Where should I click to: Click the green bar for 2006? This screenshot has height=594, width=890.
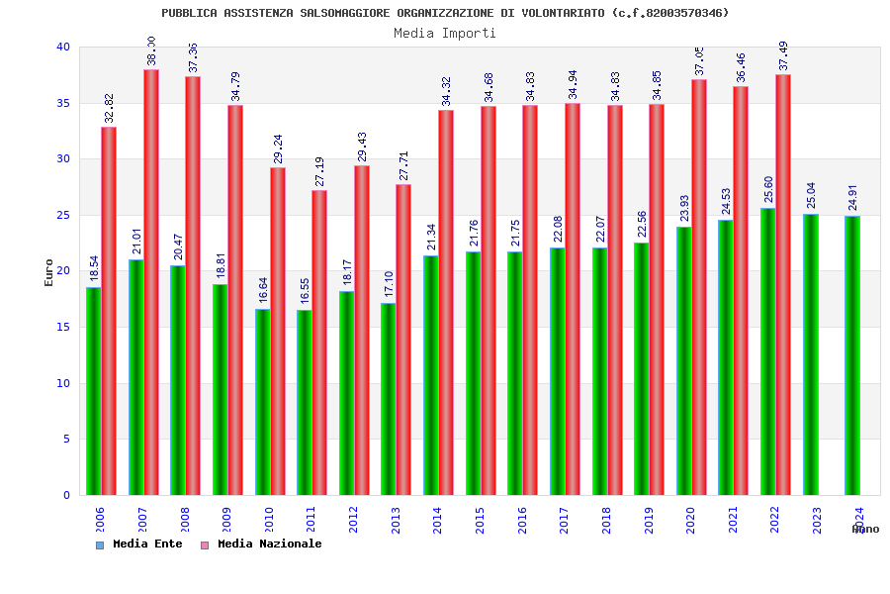tap(93, 391)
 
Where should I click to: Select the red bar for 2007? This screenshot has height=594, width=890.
tap(151, 282)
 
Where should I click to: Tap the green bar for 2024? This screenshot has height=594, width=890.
tap(852, 355)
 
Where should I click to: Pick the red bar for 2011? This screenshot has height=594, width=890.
tap(319, 343)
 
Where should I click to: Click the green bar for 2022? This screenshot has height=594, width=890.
tap(767, 351)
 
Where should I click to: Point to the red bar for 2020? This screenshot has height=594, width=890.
tap(699, 287)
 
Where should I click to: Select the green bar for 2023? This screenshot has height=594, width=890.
tap(811, 354)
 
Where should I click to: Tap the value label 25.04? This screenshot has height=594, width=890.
tap(811, 197)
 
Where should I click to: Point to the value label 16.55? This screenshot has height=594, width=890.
tap(305, 293)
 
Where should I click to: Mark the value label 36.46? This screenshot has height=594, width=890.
tap(741, 68)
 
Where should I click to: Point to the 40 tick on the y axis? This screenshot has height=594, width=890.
tap(63, 47)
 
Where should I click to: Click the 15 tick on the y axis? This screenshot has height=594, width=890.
tap(63, 327)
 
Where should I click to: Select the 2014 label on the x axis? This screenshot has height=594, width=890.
tap(438, 520)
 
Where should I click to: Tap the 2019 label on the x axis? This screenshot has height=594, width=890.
tap(649, 520)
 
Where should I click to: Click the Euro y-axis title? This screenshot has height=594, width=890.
tap(49, 272)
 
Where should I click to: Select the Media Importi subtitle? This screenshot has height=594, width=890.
tap(445, 33)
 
